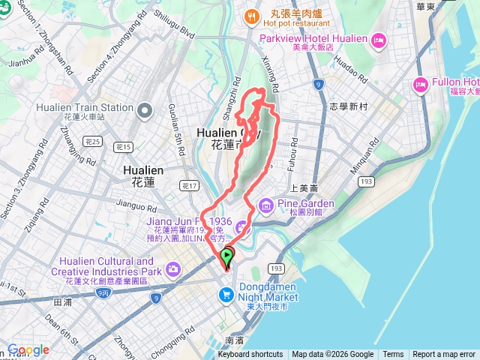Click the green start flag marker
tap(229, 256)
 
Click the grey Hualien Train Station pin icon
tap(144, 112)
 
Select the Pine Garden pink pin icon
tap(266, 204)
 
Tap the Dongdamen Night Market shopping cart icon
tap(225, 295)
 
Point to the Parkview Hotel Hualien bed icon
tap(378, 38)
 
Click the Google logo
tap(28, 350)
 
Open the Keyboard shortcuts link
tap(250, 355)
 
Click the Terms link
tap(393, 355)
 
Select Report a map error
tap(443, 355)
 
